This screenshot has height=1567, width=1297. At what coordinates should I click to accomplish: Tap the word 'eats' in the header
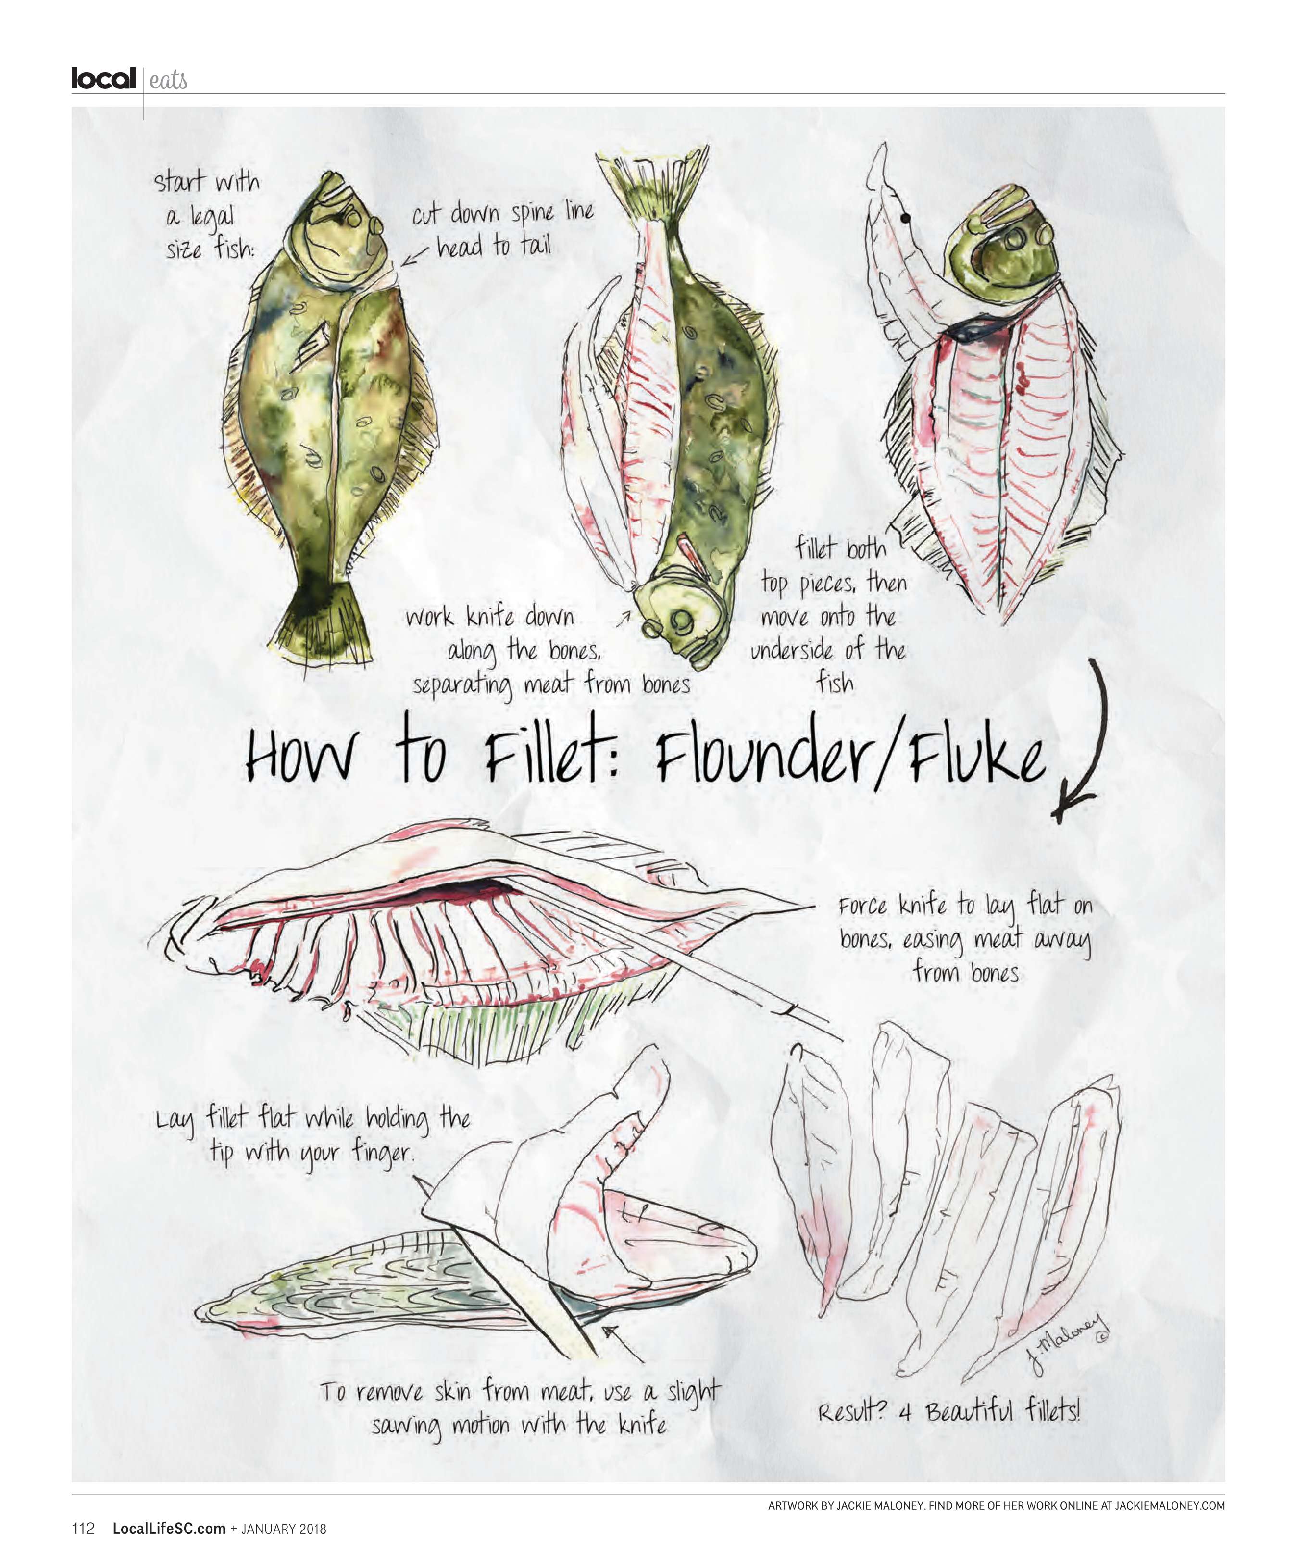168,81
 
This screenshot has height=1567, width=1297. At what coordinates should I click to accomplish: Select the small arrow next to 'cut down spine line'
415,257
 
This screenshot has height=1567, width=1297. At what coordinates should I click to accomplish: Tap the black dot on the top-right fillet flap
905,219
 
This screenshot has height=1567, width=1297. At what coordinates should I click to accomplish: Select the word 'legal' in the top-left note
211,218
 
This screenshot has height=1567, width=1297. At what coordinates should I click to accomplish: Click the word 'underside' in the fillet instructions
792,650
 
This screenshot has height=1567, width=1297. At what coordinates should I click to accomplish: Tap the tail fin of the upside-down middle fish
651,183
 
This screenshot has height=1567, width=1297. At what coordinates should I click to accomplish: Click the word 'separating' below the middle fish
462,685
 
